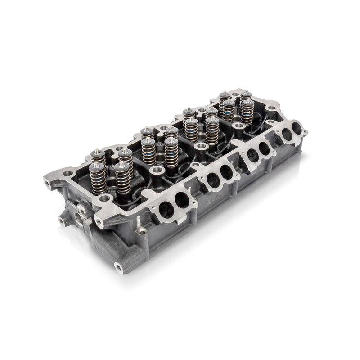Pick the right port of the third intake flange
point(265,148)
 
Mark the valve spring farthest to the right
point(247,111)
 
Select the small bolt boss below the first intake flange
point(143,232)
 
